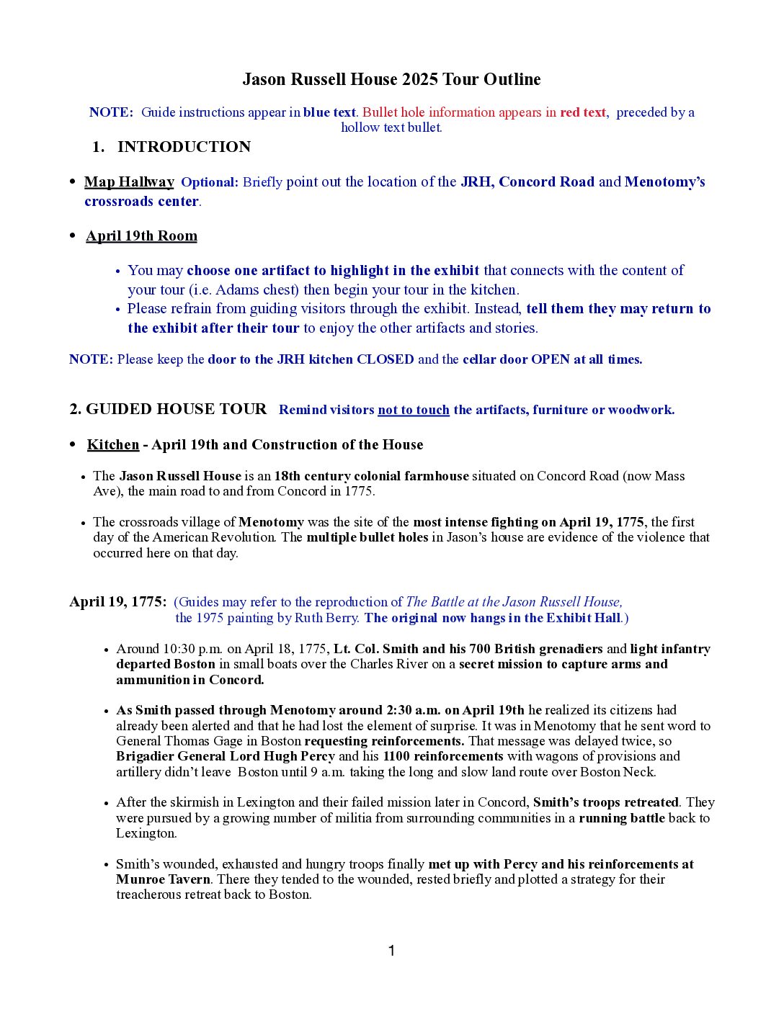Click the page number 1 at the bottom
click(x=391, y=951)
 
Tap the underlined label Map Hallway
click(x=129, y=182)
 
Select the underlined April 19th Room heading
click(x=141, y=236)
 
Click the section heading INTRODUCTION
click(x=184, y=147)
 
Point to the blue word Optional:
click(x=209, y=182)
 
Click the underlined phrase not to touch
click(x=413, y=410)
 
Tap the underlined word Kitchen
click(x=112, y=445)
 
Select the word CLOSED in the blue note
click(x=386, y=359)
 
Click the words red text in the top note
click(x=583, y=112)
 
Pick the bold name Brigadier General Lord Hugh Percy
click(x=226, y=756)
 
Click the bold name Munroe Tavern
click(x=163, y=879)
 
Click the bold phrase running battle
click(x=622, y=818)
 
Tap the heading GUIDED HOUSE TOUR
click(x=176, y=409)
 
